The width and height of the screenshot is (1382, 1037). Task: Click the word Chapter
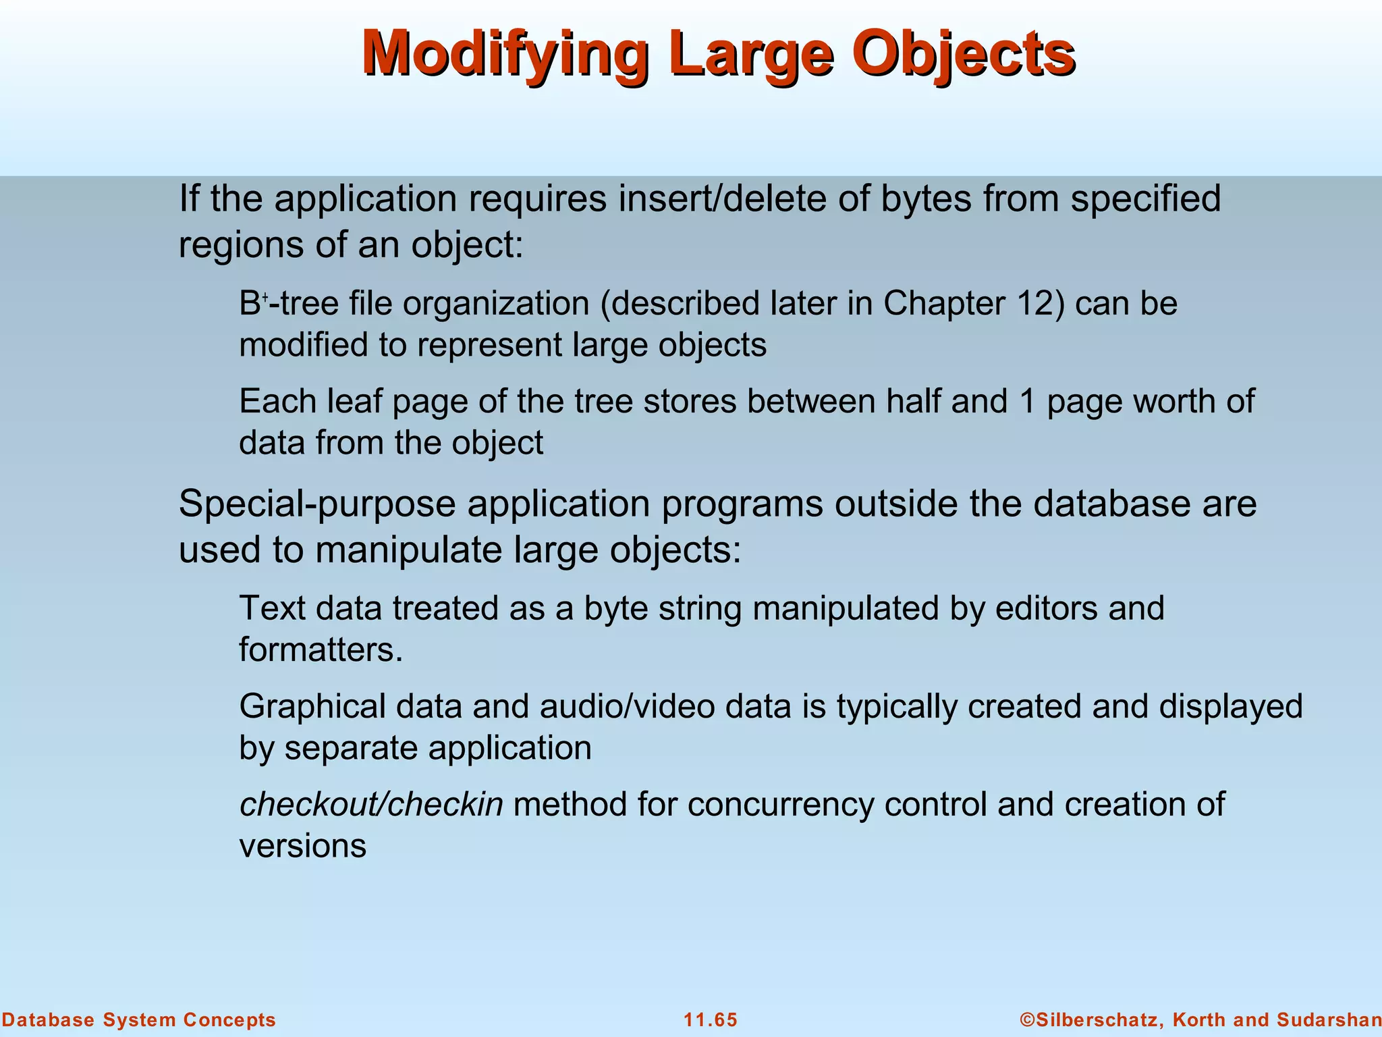pyautogui.click(x=943, y=303)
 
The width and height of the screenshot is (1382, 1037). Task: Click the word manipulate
pyautogui.click(x=409, y=550)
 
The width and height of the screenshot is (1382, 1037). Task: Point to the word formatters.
pyautogui.click(x=321, y=649)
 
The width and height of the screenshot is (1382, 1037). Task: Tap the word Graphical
pyautogui.click(x=312, y=706)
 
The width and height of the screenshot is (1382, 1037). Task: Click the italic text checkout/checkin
pyautogui.click(x=371, y=804)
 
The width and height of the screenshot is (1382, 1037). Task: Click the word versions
pyautogui.click(x=303, y=846)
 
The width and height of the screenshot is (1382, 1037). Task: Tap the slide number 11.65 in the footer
pyautogui.click(x=711, y=1019)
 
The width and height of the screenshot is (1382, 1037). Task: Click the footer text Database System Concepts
pyautogui.click(x=138, y=1019)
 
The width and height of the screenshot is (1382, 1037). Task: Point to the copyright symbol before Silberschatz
pyautogui.click(x=1026, y=1019)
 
